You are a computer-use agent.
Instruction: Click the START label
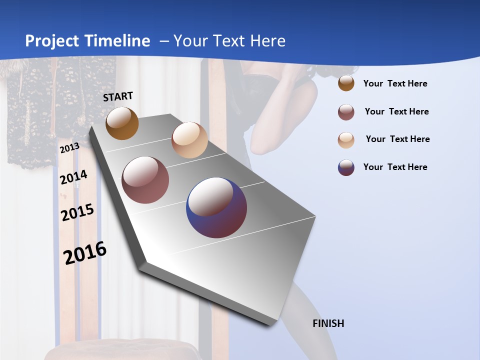118,96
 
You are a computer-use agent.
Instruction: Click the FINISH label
328,323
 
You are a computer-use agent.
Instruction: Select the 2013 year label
69,147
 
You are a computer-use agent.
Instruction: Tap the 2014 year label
73,177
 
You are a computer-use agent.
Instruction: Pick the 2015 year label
77,212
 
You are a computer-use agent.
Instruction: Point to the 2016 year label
85,252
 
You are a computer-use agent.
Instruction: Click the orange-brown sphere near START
122,123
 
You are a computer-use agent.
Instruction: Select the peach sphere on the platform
189,140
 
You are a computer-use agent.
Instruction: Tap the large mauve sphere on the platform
145,180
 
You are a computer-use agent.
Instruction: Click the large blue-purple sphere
216,207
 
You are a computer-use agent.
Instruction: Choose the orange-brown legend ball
346,83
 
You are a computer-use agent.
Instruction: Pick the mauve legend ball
346,112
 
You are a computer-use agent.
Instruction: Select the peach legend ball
346,139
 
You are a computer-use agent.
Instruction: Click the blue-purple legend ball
346,167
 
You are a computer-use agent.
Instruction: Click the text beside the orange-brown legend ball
395,83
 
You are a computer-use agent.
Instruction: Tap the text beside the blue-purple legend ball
395,167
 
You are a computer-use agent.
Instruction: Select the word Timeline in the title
118,41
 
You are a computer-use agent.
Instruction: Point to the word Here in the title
267,41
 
